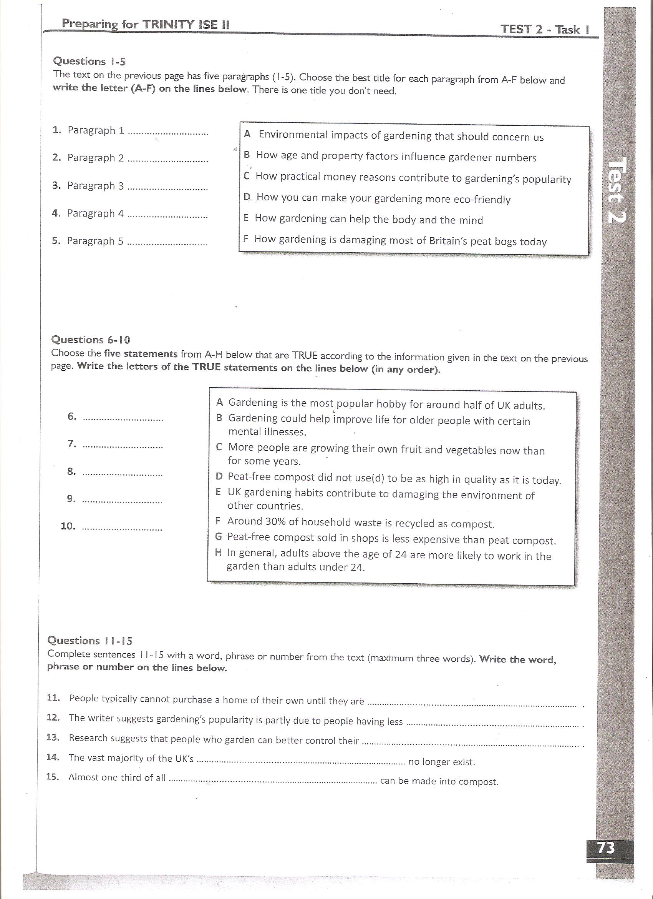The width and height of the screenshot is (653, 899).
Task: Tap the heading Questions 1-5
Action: tap(89, 62)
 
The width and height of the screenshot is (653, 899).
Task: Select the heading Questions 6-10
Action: tap(91, 340)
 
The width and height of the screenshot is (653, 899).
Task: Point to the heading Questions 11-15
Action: tap(90, 641)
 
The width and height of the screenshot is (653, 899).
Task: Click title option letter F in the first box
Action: tap(246, 239)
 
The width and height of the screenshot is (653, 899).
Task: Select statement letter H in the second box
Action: tap(218, 552)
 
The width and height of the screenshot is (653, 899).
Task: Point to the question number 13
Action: tap(53, 737)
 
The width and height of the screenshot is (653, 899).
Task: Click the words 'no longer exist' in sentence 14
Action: tap(441, 761)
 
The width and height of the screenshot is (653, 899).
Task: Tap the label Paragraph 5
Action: tap(95, 241)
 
